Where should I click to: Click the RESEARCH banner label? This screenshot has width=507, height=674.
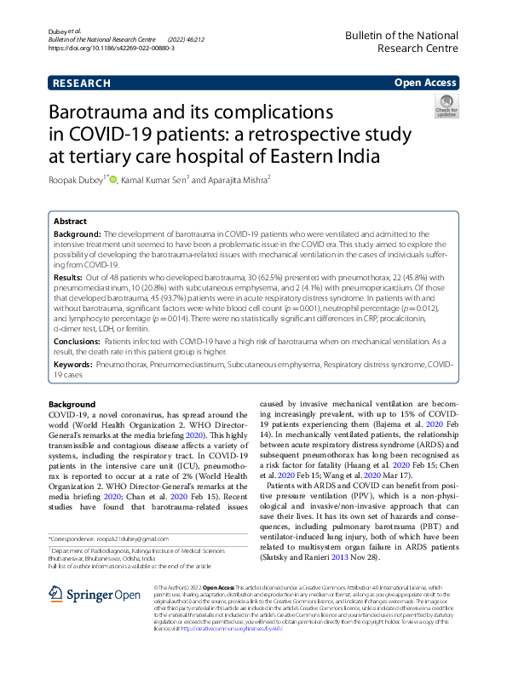(x=82, y=84)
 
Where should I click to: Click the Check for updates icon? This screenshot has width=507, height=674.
(x=446, y=106)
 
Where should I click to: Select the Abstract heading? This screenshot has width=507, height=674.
(x=71, y=219)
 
